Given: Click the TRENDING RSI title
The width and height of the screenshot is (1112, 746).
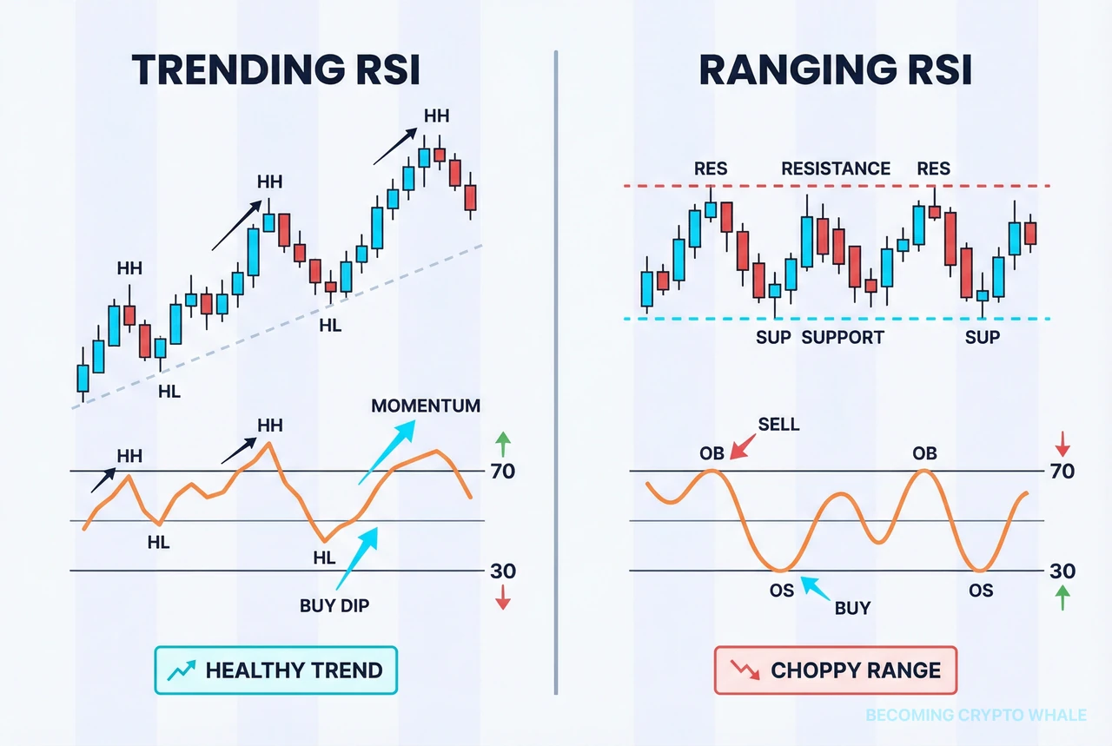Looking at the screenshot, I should coord(275,70).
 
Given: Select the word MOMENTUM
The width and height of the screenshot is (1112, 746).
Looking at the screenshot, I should coord(425,406).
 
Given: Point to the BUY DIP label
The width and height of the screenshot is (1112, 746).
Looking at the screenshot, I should coord(334,605).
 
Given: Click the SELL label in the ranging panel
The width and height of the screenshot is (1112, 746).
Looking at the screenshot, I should coord(778,425).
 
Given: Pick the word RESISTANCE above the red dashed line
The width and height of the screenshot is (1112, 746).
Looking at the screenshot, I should coord(836,168).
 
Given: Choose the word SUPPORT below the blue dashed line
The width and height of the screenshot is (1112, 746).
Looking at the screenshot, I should coord(842,337).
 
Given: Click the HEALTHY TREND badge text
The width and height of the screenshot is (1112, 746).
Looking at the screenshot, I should coord(294,670).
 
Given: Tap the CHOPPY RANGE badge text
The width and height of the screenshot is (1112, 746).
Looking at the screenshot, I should coord(855,670).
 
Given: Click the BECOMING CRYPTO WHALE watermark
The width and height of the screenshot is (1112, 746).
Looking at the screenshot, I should coord(976,716).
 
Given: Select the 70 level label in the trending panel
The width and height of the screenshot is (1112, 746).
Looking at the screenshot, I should coord(502,472).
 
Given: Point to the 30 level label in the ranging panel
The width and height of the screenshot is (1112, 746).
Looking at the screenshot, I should coord(1062,571).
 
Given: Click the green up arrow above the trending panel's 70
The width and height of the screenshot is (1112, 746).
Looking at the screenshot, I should coord(502,444).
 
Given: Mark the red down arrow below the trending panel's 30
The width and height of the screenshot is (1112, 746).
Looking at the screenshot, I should coord(502,598).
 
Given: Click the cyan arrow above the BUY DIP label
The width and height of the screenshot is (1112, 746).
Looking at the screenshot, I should coord(357,556).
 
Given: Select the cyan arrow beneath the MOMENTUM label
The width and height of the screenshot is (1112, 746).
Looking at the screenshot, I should coord(387,452).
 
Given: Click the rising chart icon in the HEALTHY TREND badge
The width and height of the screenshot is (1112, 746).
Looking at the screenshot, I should coord(182,670).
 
